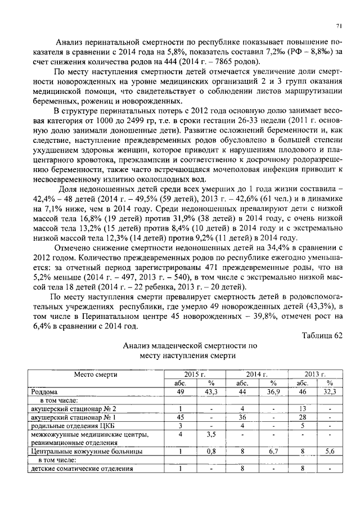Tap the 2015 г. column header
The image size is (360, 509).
pos(195,373)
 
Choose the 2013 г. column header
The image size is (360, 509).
pos(316,373)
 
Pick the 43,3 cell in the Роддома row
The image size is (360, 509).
pos(210,391)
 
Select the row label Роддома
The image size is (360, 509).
pos(44,391)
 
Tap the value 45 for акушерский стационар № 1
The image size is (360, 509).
pos(181,417)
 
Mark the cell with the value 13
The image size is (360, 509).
pos(302,408)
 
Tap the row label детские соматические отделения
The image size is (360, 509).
pos(82,468)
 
